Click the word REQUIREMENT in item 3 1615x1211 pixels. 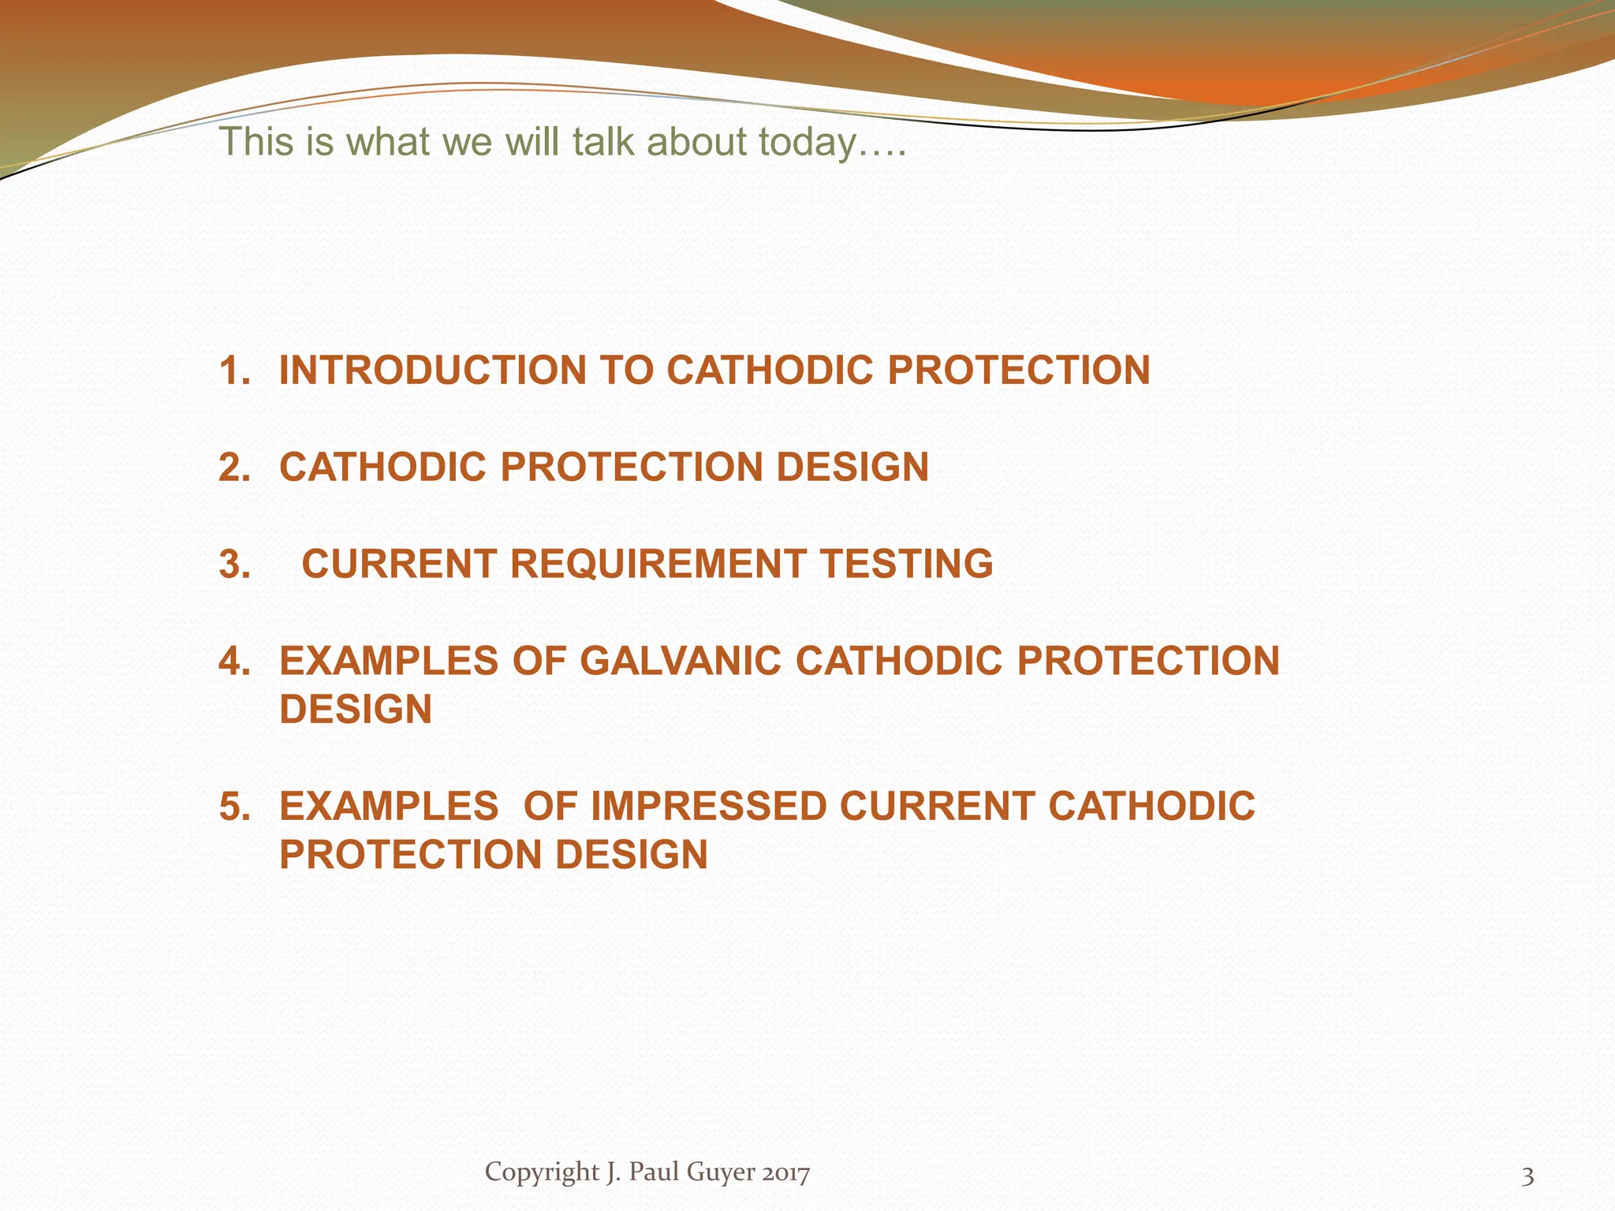coord(658,565)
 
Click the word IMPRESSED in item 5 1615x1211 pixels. coord(708,807)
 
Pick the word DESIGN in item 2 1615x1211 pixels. coord(852,468)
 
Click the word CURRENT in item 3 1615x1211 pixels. coord(400,565)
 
